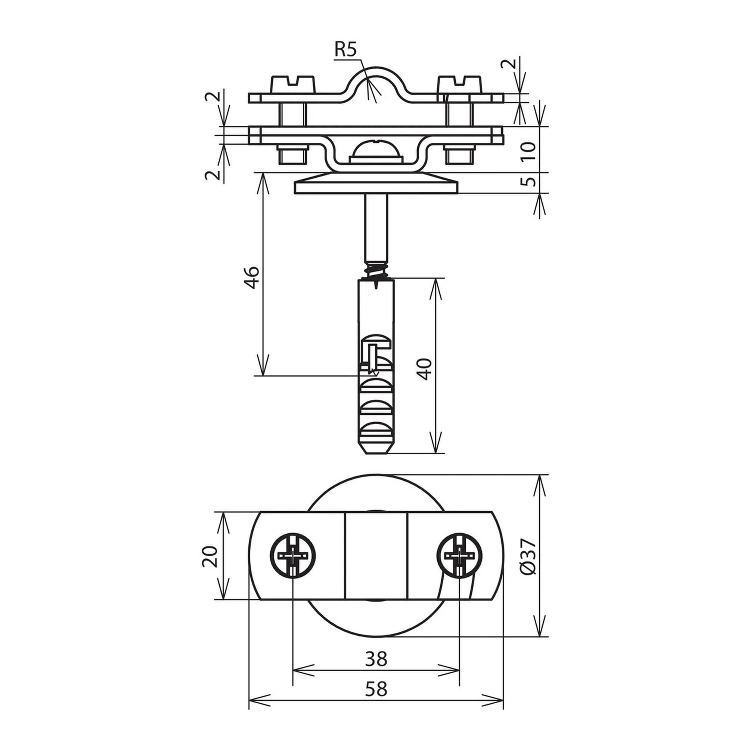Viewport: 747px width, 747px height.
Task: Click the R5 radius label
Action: (345, 50)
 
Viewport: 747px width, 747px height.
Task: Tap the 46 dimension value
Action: (252, 277)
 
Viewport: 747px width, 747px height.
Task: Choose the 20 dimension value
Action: (209, 557)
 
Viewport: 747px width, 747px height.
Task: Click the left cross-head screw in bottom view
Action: (293, 556)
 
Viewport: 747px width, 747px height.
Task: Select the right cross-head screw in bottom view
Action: (459, 556)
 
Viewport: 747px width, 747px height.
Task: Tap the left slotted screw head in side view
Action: (292, 84)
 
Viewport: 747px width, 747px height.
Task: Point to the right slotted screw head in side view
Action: (460, 84)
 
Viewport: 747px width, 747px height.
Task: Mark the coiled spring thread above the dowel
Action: (376, 270)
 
